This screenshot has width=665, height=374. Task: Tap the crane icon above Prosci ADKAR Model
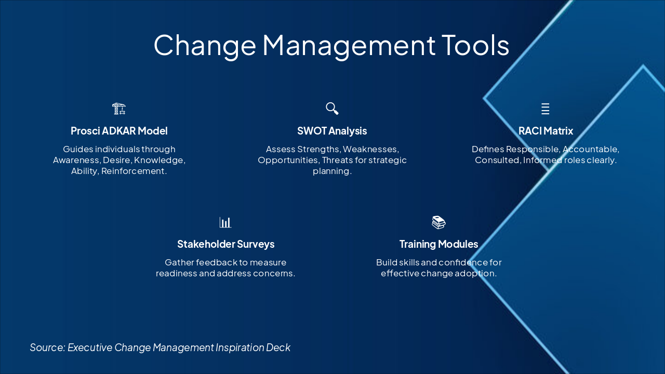119,109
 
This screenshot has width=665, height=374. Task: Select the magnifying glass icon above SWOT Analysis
332,109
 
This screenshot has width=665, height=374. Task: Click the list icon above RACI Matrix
545,109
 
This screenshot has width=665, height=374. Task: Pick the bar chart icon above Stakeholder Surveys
225,222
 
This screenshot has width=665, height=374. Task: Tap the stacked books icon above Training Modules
438,222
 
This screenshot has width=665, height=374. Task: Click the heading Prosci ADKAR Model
119,131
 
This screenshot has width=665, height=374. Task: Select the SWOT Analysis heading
332,131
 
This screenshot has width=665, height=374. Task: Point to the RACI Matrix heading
546,131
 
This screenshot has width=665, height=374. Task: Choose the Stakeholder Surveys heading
225,244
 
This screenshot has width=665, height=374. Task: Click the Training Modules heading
438,244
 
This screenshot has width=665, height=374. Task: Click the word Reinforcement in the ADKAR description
134,171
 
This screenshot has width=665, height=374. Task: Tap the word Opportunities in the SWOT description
288,160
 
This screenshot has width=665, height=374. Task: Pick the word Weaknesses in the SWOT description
370,149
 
